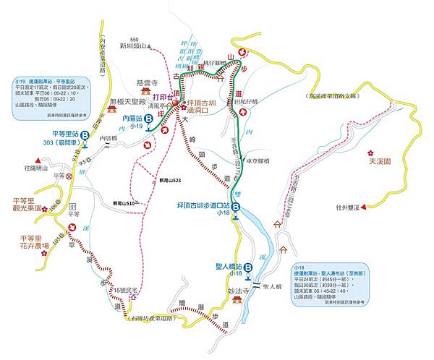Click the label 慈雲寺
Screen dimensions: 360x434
(x=147, y=83)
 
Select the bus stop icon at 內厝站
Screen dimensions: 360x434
(x=148, y=118)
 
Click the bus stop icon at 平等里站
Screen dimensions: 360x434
(x=85, y=134)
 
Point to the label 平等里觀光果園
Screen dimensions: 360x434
(x=29, y=205)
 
